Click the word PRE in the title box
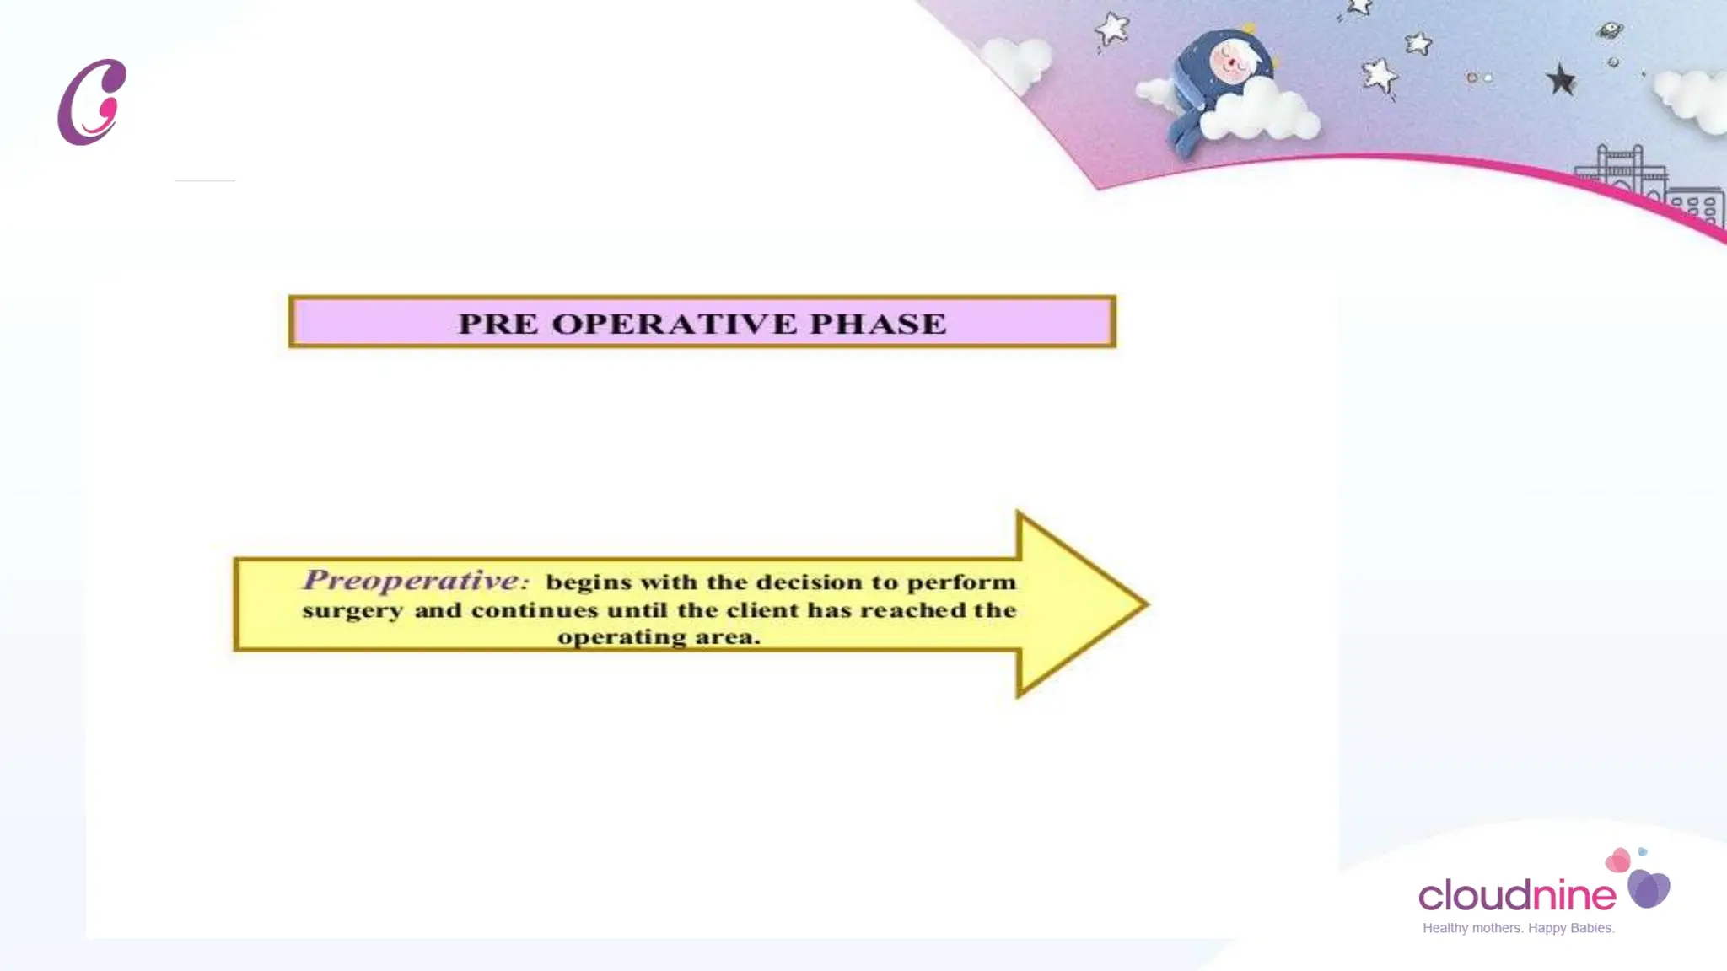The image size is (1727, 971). pos(498,324)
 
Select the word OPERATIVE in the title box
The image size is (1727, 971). pos(674,324)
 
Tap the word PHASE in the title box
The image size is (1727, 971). pos(878,324)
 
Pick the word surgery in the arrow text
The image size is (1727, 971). pos(352,611)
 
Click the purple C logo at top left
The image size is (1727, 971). pos(92,102)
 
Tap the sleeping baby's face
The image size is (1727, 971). pos(1232,61)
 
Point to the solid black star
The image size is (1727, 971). pos(1561,81)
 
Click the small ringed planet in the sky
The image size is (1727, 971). pos(1610,30)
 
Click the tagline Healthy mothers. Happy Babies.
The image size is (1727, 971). pos(1518,928)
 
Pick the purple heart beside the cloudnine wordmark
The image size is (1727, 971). pos(1649,888)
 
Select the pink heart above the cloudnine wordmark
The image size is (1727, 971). pos(1618,861)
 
